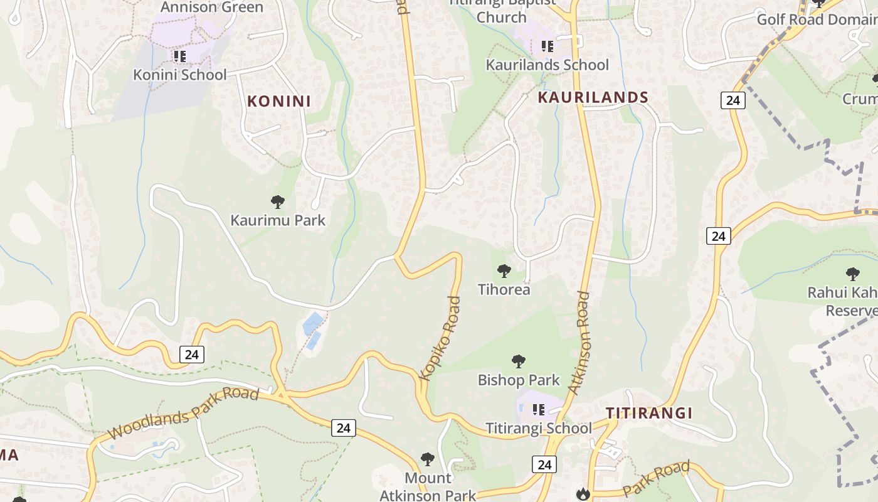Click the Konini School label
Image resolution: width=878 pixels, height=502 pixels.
tap(179, 75)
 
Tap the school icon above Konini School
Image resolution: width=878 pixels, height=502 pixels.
tap(180, 56)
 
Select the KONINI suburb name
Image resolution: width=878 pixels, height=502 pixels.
tap(279, 101)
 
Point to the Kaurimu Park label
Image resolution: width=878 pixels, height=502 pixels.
tap(278, 220)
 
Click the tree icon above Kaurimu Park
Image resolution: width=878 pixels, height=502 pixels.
tap(278, 202)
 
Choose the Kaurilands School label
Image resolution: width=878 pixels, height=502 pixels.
tap(547, 65)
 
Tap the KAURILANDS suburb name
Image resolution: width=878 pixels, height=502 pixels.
tap(593, 97)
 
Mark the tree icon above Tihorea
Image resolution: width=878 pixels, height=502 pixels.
tap(504, 271)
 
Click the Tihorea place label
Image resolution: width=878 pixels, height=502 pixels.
tap(504, 289)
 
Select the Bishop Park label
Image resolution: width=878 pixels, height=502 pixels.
tap(519, 380)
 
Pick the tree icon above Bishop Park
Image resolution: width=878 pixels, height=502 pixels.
tap(518, 361)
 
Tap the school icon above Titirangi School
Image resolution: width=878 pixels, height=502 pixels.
tap(539, 410)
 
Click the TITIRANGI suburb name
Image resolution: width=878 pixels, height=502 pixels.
tap(649, 413)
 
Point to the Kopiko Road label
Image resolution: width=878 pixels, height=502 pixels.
tap(440, 339)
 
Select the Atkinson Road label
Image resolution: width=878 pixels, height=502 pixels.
tap(581, 343)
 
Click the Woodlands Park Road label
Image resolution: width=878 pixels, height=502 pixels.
tap(182, 414)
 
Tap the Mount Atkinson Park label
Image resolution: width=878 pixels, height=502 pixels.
tap(428, 486)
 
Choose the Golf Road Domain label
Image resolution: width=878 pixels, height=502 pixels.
tap(817, 19)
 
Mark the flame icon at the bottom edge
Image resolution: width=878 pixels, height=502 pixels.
tap(583, 494)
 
